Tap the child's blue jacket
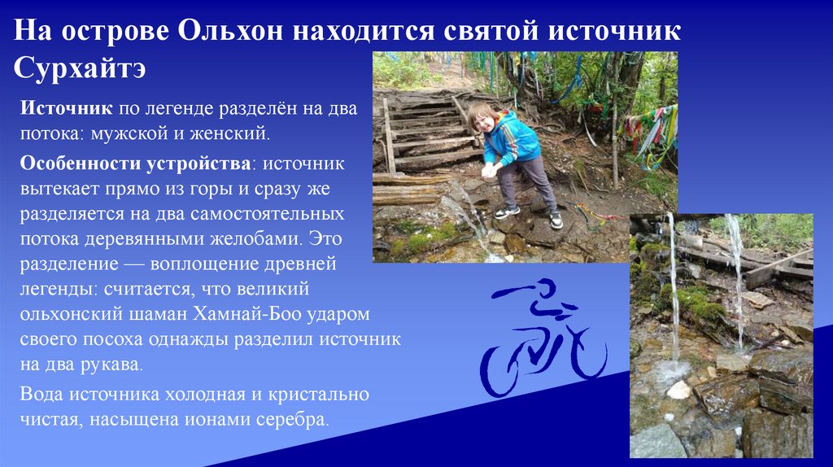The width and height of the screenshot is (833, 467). tap(512, 140)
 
